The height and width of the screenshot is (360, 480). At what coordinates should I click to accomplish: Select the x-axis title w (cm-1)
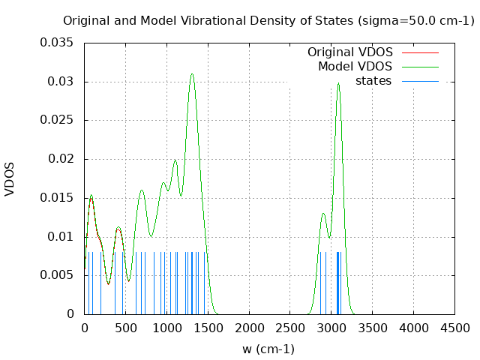pyautogui.click(x=268, y=349)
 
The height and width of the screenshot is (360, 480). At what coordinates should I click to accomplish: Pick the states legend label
pyautogui.click(x=373, y=80)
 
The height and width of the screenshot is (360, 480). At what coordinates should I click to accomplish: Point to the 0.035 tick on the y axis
pyautogui.click(x=57, y=43)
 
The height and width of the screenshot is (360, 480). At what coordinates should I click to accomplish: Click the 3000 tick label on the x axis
pyautogui.click(x=331, y=328)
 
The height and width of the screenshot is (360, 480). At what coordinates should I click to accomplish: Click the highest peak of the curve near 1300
pyautogui.click(x=192, y=74)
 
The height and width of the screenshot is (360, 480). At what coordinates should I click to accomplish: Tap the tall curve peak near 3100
pyautogui.click(x=338, y=83)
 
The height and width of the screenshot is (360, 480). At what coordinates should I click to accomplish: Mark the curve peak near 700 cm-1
pyautogui.click(x=142, y=190)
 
